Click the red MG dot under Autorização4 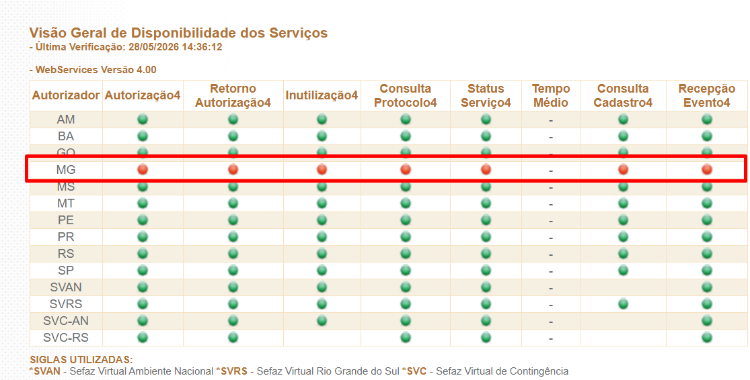pos(143,169)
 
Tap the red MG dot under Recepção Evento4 pos(707,169)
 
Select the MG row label pos(66,170)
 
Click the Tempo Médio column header pos(551,95)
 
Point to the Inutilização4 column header pos(322,95)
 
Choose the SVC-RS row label pos(66,338)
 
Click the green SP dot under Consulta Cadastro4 pos(623,270)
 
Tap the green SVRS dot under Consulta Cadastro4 pos(623,303)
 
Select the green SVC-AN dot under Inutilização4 pos(322,320)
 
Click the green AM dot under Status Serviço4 pos(486,120)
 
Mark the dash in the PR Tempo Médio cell pos(551,238)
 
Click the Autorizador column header pos(66,95)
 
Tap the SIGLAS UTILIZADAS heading pos(81,359)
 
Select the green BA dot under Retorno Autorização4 pos(233,136)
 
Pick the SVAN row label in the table pos(66,287)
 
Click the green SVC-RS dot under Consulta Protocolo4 pos(406,338)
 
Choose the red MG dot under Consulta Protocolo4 pos(406,169)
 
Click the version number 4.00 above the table pos(147,70)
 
